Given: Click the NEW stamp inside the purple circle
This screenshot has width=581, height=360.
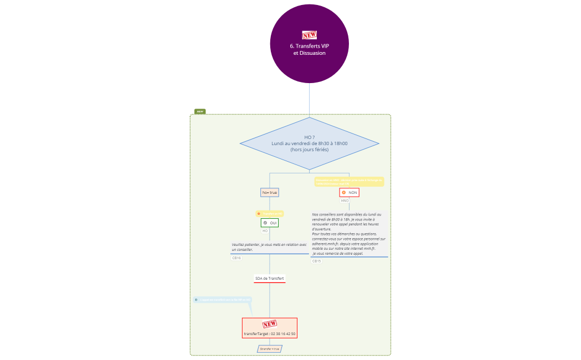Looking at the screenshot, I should click(309, 34).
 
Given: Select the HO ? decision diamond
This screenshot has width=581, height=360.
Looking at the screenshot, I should click(309, 143).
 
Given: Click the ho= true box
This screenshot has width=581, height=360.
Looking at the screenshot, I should click(269, 192).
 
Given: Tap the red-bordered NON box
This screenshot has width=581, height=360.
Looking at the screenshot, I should click(349, 192).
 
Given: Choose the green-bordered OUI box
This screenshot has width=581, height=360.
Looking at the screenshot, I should click(269, 223).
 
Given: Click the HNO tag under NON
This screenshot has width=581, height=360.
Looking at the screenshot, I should click(345, 200).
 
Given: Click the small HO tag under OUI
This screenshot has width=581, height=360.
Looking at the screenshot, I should click(265, 230).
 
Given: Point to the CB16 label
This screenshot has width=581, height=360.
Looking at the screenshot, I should click(236, 258).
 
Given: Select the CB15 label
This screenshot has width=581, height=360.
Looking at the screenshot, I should click(316, 261).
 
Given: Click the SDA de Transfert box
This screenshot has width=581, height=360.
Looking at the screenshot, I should click(269, 278).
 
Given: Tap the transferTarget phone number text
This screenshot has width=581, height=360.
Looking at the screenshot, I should click(269, 334).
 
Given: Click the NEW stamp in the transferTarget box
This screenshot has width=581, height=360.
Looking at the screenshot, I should click(269, 324).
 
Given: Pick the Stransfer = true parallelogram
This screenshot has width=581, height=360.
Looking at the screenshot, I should click(269, 349).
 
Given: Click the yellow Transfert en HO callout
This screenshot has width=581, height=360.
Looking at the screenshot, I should click(270, 213).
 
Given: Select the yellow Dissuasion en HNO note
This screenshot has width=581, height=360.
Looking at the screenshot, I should click(349, 181).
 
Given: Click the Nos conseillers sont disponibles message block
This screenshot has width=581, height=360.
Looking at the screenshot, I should click(348, 234).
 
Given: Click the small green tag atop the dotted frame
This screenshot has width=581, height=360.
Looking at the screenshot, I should click(199, 111).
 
